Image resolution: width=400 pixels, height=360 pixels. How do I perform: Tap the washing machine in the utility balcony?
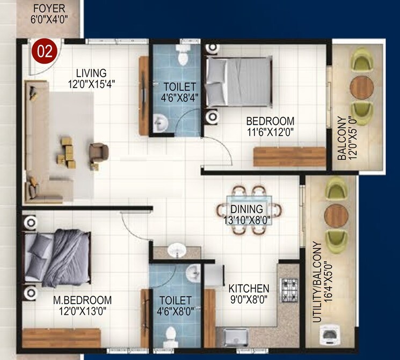[x=329, y=337]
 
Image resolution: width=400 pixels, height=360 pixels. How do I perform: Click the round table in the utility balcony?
[x=336, y=215]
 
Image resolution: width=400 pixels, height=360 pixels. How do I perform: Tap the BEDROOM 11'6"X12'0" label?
[x=270, y=126]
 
